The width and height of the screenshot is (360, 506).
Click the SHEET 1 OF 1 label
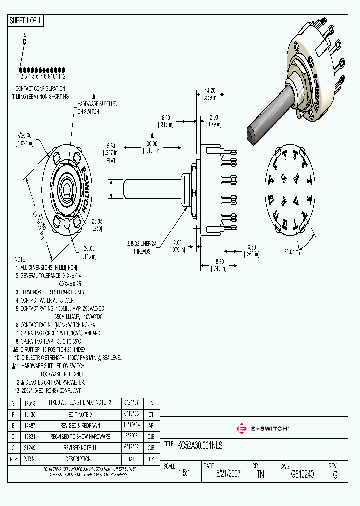point(26,21)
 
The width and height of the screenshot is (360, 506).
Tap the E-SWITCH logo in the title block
point(262,428)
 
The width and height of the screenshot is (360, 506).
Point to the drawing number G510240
point(302,474)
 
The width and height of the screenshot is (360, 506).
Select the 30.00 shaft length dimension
point(152,143)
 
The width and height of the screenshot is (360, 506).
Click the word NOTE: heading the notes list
point(20,260)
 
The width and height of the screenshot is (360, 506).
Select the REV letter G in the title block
point(335,476)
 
